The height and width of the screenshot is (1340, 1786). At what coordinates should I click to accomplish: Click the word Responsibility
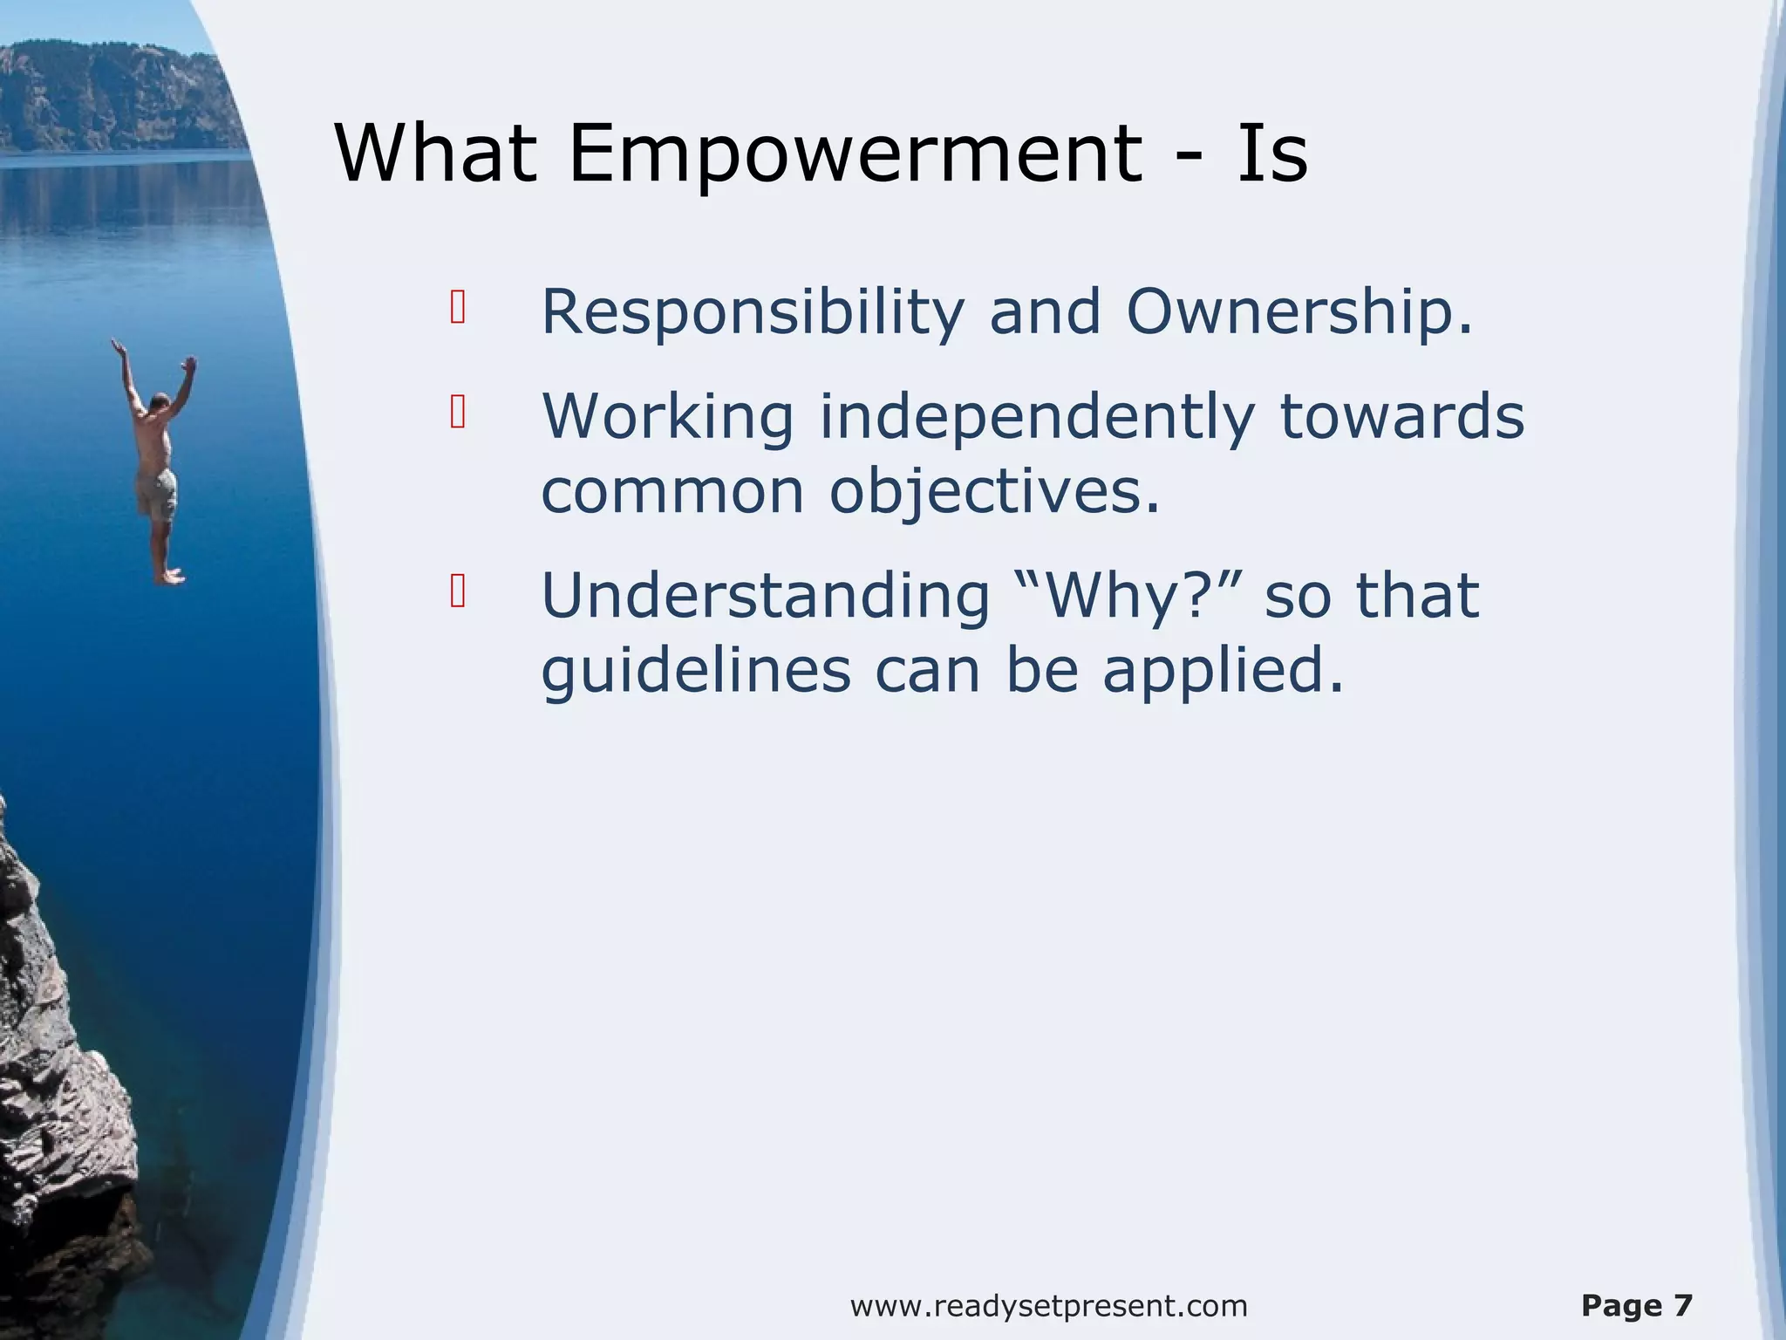click(x=752, y=312)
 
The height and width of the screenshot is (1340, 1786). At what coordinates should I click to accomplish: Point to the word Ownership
click(x=1298, y=312)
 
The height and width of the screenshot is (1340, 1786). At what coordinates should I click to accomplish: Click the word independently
click(x=1036, y=417)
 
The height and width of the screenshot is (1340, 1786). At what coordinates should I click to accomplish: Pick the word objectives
click(x=994, y=491)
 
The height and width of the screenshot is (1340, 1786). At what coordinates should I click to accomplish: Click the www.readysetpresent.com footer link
click(x=1048, y=1306)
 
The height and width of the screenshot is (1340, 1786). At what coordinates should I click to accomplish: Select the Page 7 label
click(x=1636, y=1306)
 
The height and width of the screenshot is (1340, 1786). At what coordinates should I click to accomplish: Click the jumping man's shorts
click(x=157, y=496)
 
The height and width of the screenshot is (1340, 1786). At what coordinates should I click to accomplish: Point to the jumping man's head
click(x=160, y=403)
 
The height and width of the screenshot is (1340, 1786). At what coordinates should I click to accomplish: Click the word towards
click(x=1401, y=417)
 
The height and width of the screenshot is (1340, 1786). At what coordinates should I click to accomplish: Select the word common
click(x=671, y=491)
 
